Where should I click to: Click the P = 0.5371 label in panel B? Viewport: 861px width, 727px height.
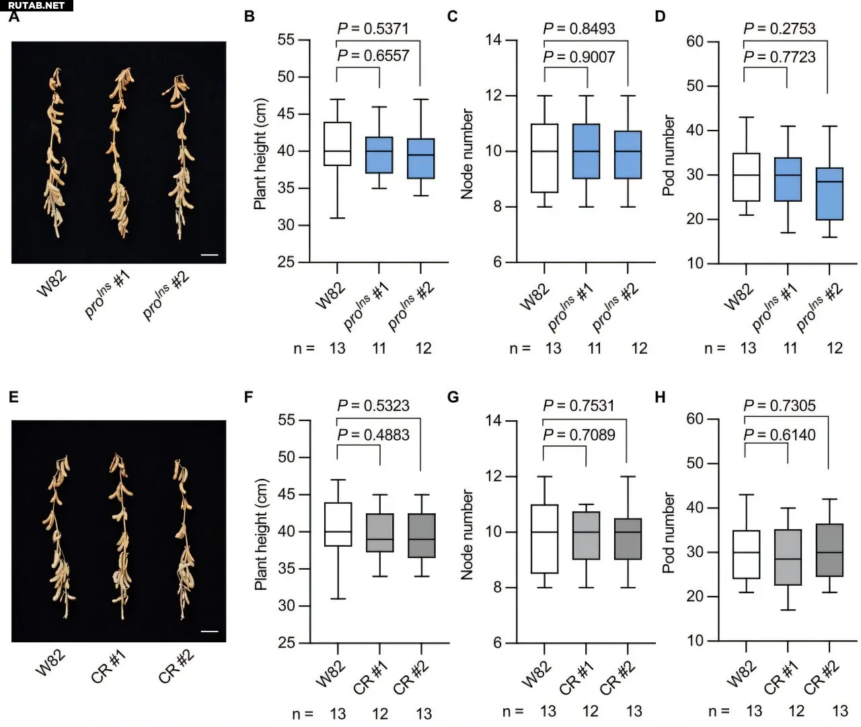pyautogui.click(x=373, y=29)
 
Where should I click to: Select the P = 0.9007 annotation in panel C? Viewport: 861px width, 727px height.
pyautogui.click(x=579, y=57)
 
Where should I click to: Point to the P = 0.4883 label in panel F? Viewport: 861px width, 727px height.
pyautogui.click(x=373, y=435)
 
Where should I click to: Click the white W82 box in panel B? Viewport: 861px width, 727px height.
pyautogui.click(x=337, y=144)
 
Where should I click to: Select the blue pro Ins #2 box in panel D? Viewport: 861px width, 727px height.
pyautogui.click(x=828, y=194)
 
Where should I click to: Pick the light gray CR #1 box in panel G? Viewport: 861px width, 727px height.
pyautogui.click(x=586, y=535)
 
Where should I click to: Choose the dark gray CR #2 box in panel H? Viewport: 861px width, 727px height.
pyautogui.click(x=828, y=550)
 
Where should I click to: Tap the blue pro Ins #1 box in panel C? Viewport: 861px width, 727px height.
pyautogui.click(x=586, y=151)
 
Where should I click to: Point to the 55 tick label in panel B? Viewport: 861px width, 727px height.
pyautogui.click(x=286, y=40)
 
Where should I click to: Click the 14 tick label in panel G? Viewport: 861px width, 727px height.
pyautogui.click(x=493, y=421)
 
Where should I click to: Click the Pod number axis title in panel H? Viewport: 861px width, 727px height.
pyautogui.click(x=669, y=533)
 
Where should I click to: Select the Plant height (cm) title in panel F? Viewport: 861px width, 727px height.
pyautogui.click(x=261, y=535)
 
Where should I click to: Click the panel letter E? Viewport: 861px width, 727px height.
pyautogui.click(x=13, y=397)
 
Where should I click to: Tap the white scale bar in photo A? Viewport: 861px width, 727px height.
pyautogui.click(x=209, y=255)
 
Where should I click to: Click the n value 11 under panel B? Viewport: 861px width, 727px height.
pyautogui.click(x=379, y=348)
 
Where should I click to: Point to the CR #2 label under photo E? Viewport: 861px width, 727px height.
pyautogui.click(x=176, y=665)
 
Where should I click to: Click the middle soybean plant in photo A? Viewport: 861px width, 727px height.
pyautogui.click(x=119, y=155)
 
